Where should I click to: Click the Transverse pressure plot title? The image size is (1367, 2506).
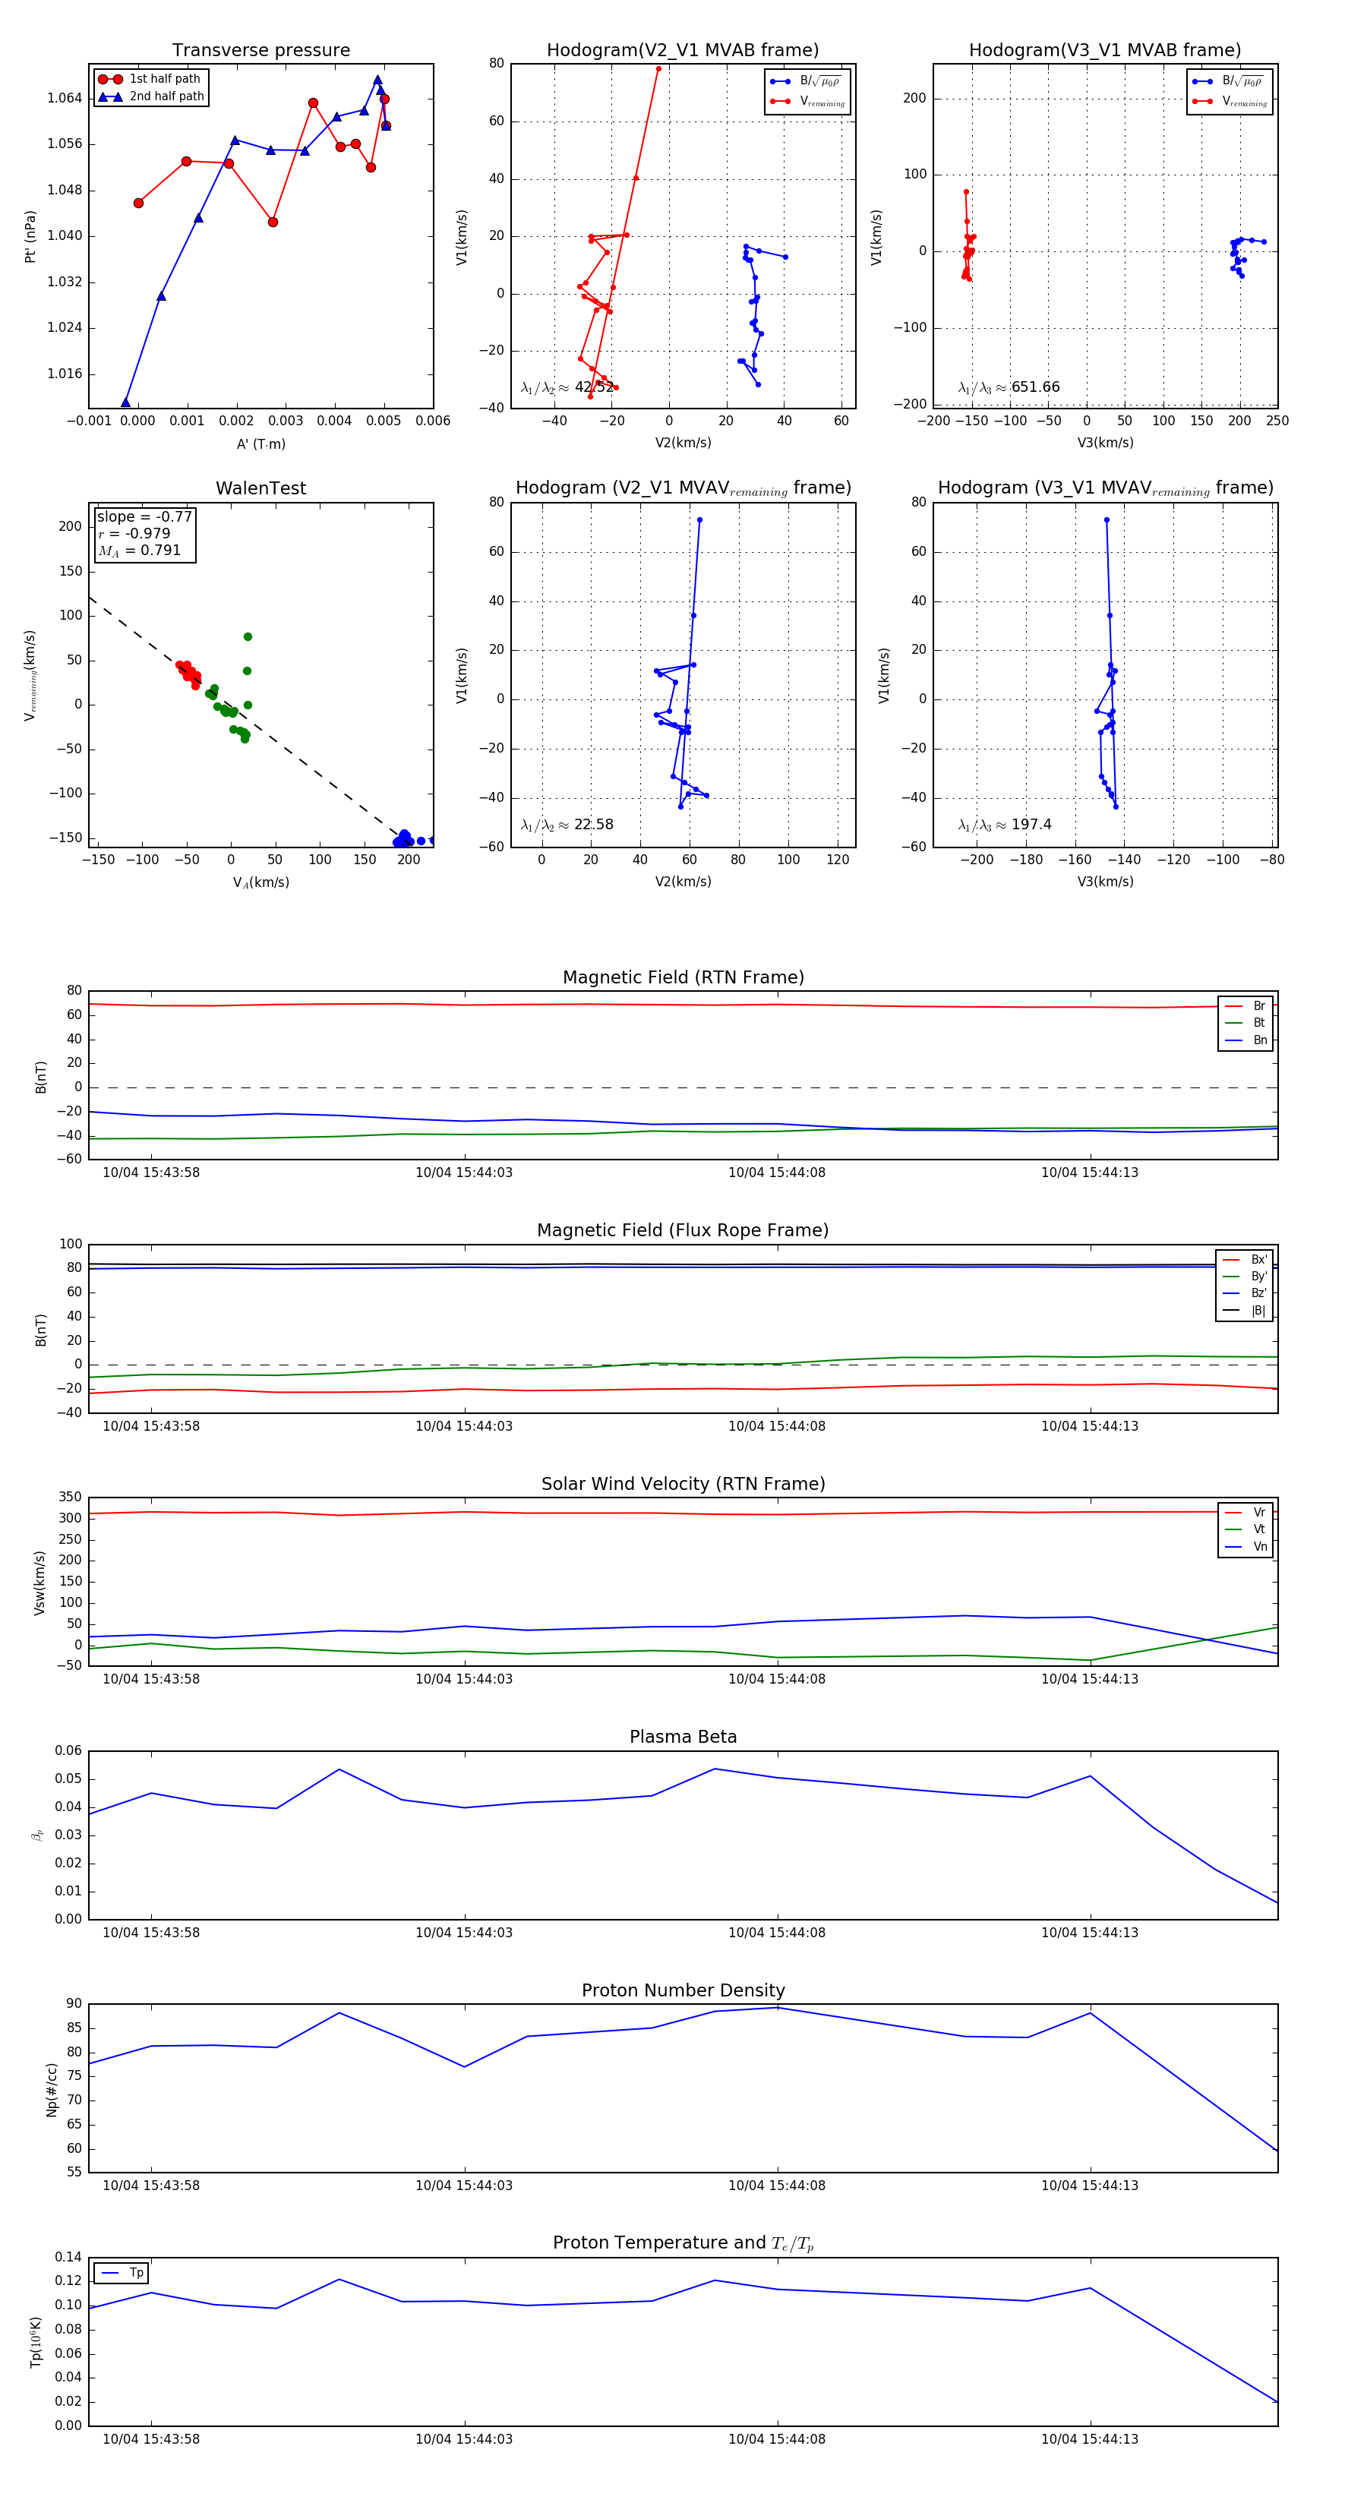tap(260, 51)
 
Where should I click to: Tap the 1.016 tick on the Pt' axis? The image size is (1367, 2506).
tap(65, 374)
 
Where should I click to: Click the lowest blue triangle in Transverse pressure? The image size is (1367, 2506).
tap(125, 402)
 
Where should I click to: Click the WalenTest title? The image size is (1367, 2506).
tap(260, 488)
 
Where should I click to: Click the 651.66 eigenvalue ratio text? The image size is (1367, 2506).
tap(1035, 387)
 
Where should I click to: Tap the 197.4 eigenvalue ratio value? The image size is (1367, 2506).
tap(1031, 825)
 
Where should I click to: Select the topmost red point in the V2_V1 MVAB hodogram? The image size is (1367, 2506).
tap(658, 69)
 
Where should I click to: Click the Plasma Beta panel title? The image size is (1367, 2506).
tap(683, 1737)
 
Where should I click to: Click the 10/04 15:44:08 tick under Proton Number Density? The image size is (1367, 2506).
tap(776, 2185)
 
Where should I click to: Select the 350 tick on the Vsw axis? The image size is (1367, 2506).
tap(70, 1498)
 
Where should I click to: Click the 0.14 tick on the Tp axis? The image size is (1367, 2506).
tap(68, 2257)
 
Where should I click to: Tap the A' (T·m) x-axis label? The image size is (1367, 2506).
tap(260, 444)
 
